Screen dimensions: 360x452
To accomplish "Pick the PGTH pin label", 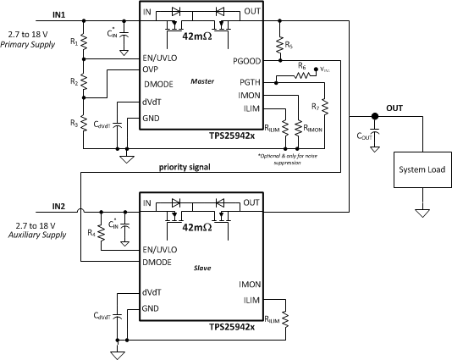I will click(250, 81).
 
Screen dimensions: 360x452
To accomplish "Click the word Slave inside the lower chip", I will click(202, 267).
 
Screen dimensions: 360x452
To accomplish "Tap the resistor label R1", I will click(74, 42).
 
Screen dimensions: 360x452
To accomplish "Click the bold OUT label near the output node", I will click(394, 108).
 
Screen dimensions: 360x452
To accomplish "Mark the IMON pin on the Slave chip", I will click(250, 285).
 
